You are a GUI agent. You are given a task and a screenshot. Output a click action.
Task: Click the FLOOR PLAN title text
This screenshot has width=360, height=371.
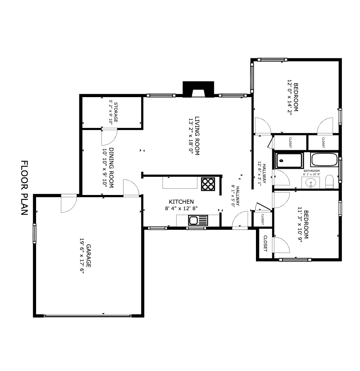coord(24,188)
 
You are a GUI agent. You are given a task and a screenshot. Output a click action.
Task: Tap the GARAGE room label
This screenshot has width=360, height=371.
coord(89,255)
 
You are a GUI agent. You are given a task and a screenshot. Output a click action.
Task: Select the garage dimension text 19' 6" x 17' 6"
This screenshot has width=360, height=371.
coord(81,255)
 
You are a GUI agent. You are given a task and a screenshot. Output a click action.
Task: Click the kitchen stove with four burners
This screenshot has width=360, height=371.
coord(208,184)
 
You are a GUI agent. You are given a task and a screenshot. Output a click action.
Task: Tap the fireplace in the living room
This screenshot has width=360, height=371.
coord(198,90)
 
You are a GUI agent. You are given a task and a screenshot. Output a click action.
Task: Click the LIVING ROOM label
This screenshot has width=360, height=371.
coord(197,136)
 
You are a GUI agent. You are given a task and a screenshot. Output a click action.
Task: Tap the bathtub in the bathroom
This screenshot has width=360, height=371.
coord(324,160)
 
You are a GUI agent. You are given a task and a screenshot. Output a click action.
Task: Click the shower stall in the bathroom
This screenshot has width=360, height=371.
coord(289,160)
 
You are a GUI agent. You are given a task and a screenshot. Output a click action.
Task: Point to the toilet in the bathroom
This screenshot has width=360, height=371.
coord(329,182)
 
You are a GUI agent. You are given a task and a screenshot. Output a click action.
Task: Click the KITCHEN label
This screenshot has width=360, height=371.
coord(182,202)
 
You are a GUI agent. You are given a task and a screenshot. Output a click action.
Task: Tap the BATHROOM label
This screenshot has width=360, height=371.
coord(311,171)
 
